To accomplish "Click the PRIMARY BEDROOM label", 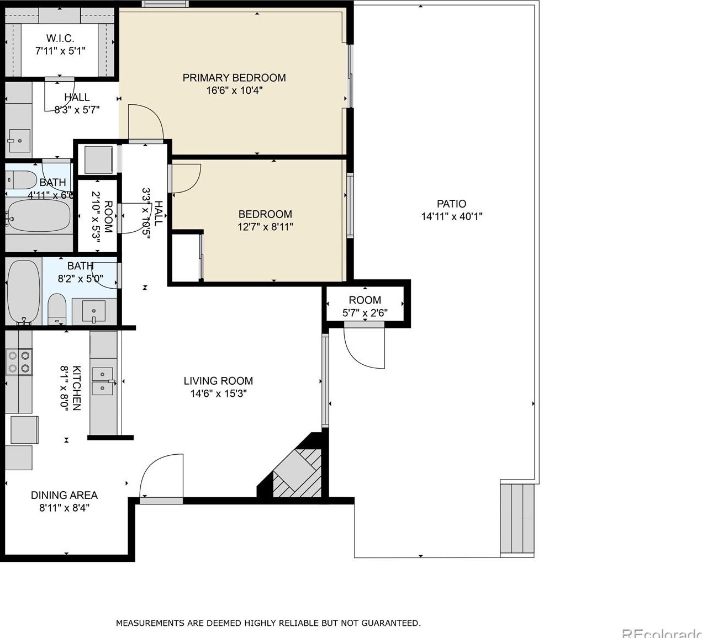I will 234,78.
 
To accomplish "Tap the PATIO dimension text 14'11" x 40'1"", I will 451,217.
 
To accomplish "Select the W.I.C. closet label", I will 60,39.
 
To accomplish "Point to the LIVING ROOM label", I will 218,381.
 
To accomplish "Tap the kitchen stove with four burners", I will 18,362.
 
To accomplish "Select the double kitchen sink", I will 103,381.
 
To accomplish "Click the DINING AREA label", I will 64,495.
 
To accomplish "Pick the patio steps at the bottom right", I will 518,519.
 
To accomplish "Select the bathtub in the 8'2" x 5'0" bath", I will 24,291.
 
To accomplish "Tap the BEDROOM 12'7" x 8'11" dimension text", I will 265,227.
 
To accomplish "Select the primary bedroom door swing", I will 145,123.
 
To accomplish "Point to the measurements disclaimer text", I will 268,623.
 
